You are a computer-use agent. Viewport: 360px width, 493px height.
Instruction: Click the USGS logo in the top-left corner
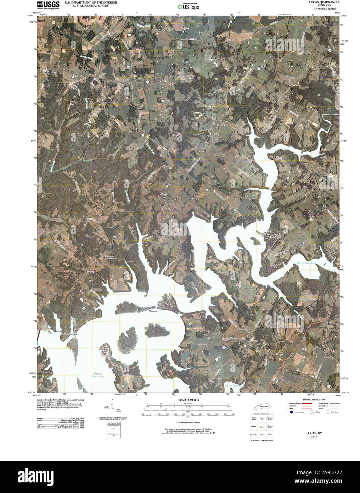pyautogui.click(x=48, y=5)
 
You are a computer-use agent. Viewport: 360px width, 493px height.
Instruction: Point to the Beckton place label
pyautogui.click(x=260, y=66)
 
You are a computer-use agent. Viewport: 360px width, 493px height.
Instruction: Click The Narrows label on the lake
pyautogui.click(x=153, y=310)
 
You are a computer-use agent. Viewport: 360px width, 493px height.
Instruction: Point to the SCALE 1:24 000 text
pyautogui.click(x=187, y=400)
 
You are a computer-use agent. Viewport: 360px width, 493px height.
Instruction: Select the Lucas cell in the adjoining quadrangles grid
pyautogui.click(x=262, y=427)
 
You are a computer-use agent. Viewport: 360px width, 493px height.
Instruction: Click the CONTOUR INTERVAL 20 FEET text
pyautogui.click(x=187, y=423)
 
